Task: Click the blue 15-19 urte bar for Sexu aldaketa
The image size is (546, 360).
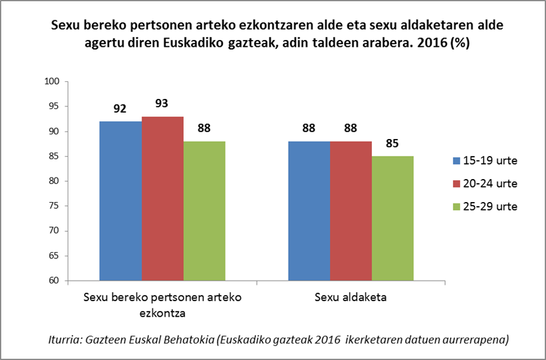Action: tap(310, 211)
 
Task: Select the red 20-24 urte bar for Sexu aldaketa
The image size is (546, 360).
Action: tap(351, 211)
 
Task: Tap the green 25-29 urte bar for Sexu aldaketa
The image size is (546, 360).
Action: tap(393, 218)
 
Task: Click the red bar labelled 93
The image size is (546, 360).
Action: tap(163, 199)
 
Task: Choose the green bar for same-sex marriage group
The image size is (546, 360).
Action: tap(204, 211)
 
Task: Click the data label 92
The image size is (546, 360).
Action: tap(121, 108)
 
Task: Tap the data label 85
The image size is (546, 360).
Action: tap(392, 144)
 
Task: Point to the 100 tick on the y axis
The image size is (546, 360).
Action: tap(52, 81)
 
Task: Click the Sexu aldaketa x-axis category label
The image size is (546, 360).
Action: tap(351, 298)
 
